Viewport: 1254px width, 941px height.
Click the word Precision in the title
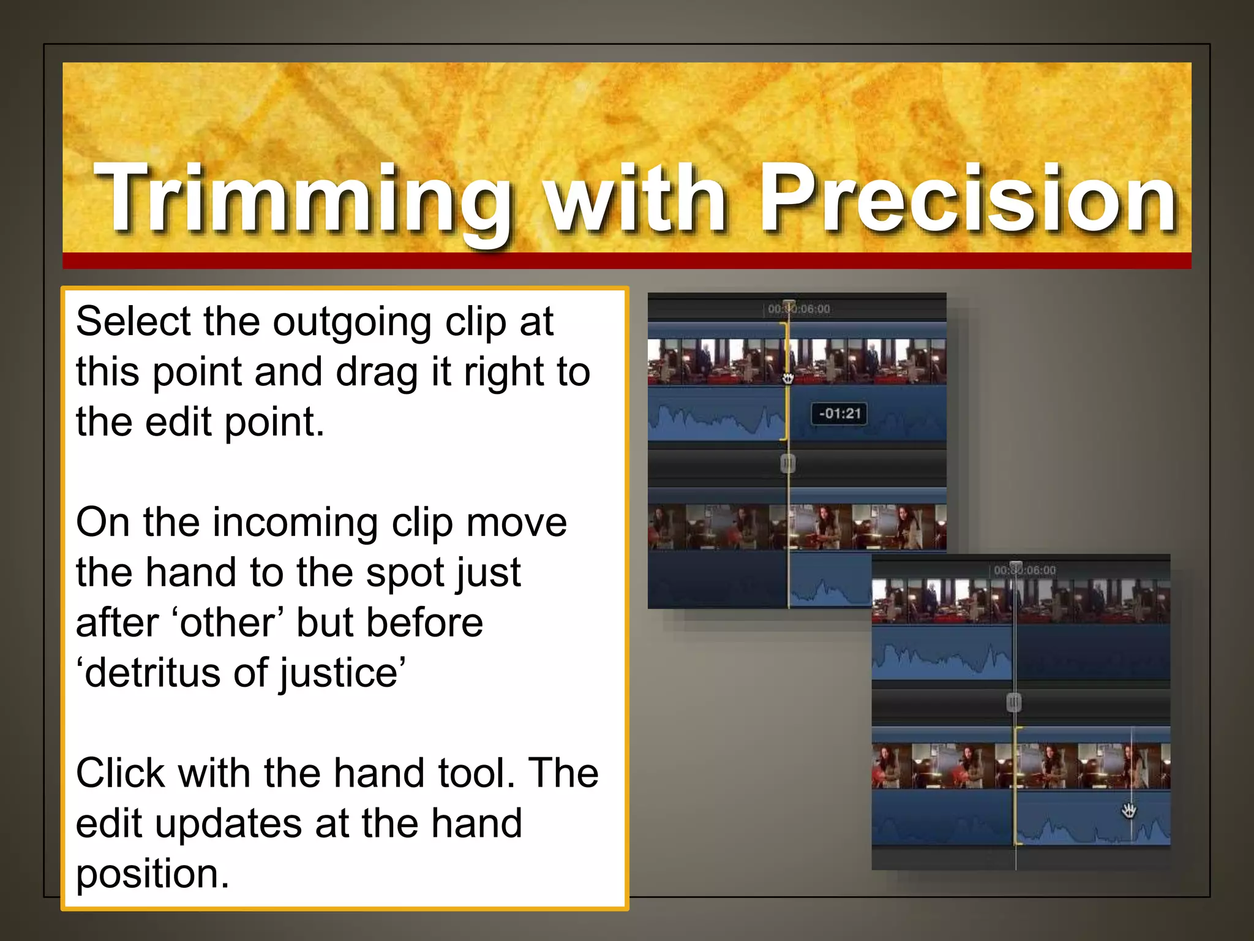967,199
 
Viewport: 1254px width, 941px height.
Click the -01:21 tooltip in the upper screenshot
839,414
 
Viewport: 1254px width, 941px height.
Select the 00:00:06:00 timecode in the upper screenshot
799,309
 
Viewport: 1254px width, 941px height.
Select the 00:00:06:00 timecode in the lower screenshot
1024,570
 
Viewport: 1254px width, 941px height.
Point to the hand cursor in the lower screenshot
1128,811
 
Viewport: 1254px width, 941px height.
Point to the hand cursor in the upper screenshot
788,378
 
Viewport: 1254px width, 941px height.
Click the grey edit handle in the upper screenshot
788,464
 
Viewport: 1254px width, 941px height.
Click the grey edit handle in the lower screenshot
1014,702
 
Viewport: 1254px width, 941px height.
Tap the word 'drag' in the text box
377,373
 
